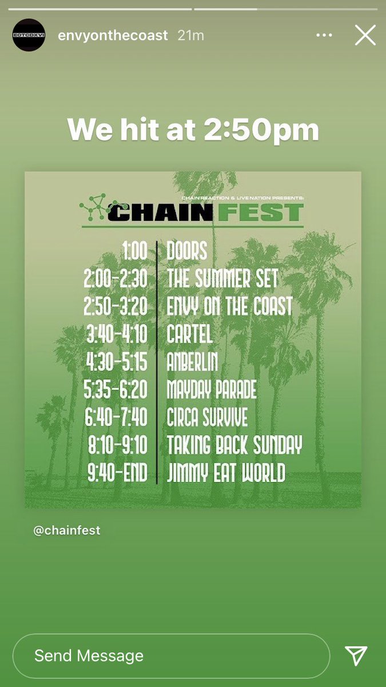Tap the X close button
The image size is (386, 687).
(365, 35)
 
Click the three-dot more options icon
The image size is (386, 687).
(324, 35)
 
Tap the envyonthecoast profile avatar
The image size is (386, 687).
(29, 35)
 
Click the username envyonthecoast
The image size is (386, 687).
(113, 35)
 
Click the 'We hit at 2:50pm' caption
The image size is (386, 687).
(193, 130)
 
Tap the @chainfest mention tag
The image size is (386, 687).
(67, 530)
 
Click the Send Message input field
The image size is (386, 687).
(171, 656)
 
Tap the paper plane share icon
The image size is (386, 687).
(356, 656)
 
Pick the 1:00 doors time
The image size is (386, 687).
(134, 251)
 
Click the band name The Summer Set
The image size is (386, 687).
(222, 279)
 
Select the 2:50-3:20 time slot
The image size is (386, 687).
(116, 306)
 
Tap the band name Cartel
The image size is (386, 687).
(190, 334)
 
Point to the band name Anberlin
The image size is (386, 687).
(192, 362)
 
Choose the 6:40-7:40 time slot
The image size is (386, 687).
(116, 417)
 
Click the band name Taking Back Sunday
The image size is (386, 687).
(234, 445)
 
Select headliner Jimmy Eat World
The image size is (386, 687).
(226, 473)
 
